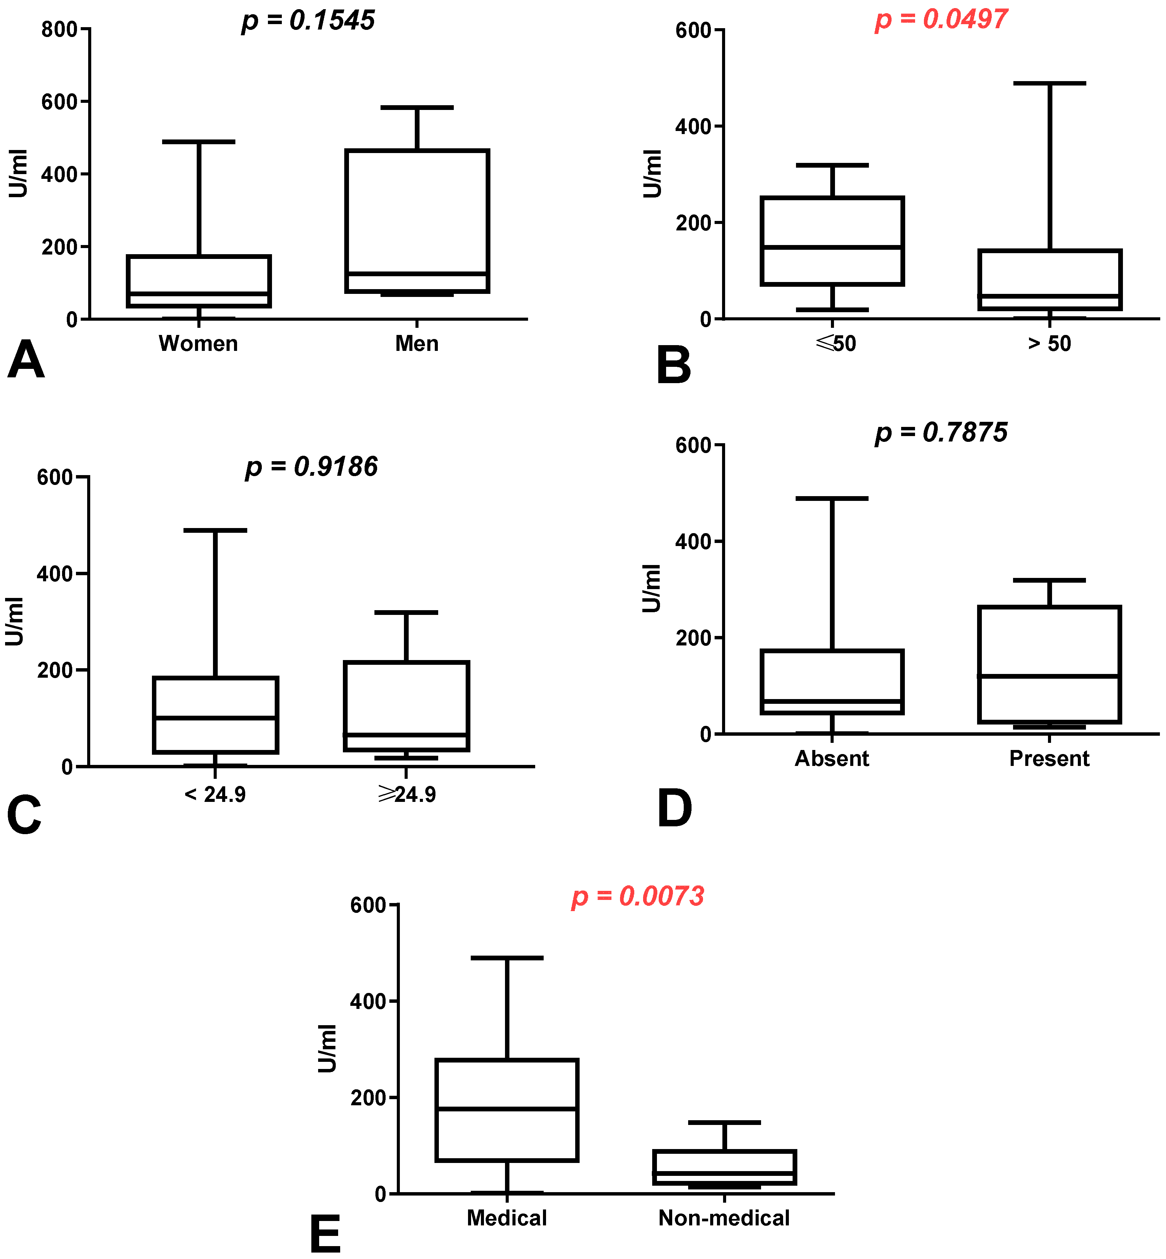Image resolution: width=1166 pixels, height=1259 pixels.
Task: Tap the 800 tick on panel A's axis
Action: point(59,30)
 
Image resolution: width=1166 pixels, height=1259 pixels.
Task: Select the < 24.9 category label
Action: point(215,794)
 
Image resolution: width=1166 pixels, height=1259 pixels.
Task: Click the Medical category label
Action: point(507,1218)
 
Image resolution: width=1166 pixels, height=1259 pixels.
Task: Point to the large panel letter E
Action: point(325,1235)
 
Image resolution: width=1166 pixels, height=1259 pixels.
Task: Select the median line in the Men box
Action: point(417,274)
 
